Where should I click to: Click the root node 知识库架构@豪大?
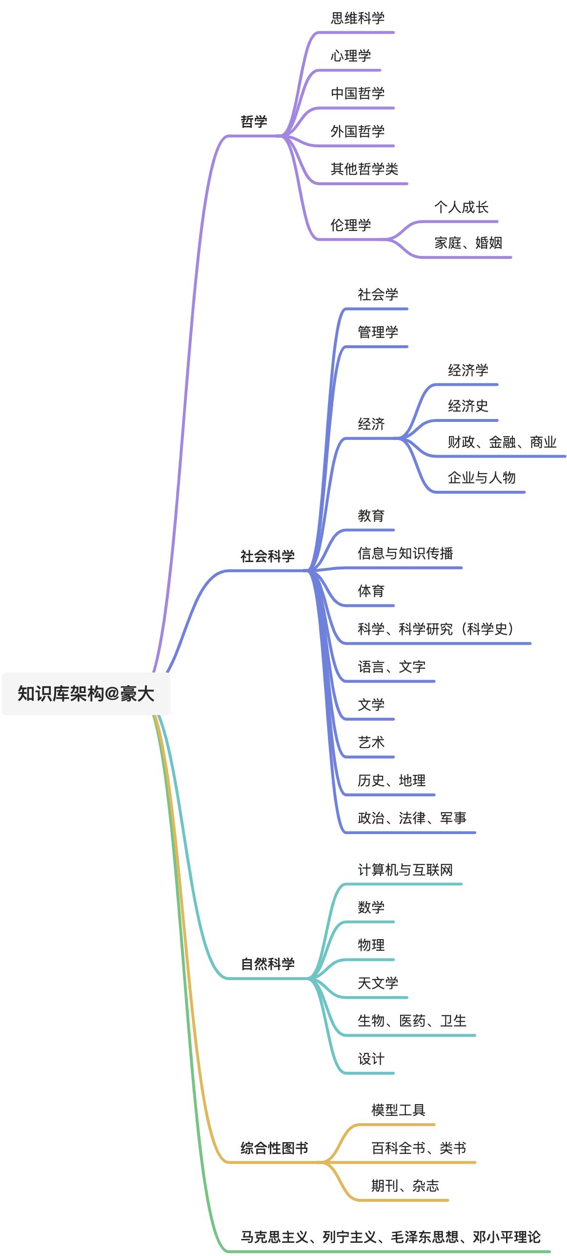click(x=86, y=693)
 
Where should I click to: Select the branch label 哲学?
click(x=254, y=122)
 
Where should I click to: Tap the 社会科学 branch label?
click(x=267, y=556)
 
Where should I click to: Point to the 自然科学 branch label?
click(x=267, y=963)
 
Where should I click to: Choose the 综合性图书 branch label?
click(x=274, y=1148)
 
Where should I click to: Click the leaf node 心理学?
click(x=350, y=56)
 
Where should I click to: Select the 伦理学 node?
click(x=350, y=225)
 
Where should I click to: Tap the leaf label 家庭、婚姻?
click(x=468, y=243)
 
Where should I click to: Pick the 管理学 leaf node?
click(x=378, y=332)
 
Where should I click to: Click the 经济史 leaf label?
click(x=467, y=406)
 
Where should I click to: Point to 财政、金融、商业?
click(x=502, y=442)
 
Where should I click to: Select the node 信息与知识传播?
click(x=405, y=553)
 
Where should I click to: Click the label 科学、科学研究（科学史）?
click(x=436, y=629)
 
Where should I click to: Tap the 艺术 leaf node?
click(x=371, y=742)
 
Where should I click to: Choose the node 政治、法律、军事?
click(x=412, y=818)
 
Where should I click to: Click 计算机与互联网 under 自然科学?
click(x=405, y=869)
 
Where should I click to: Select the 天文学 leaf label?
click(x=378, y=983)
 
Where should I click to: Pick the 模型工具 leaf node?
click(x=398, y=1110)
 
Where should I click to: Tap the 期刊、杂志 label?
click(x=405, y=1186)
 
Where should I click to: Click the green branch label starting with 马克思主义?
click(x=390, y=1237)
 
